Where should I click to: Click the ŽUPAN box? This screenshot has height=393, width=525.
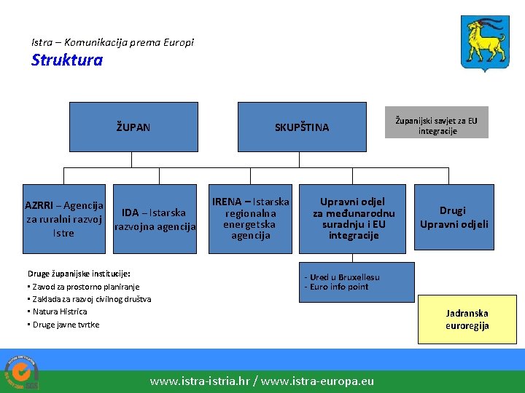pos(133,127)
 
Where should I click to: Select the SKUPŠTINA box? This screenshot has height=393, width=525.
pos(301,127)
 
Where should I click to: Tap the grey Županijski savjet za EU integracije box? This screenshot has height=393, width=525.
pos(437,126)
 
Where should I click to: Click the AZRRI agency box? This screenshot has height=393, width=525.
pos(64,219)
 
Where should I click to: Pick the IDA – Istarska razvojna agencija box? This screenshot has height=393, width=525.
pos(154,219)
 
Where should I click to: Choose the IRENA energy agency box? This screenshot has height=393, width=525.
pos(250,218)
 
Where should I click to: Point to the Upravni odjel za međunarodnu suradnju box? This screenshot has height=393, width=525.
pos(353,218)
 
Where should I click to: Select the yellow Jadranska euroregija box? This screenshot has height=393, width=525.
pos(467,319)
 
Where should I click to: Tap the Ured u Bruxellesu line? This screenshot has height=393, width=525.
pos(342,277)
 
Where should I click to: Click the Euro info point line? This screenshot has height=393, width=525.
pos(337,287)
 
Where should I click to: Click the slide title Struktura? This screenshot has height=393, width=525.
pos(66,60)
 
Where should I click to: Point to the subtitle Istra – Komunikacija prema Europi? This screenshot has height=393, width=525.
pos(113,42)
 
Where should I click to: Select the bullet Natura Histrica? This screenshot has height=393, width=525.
pos(59,311)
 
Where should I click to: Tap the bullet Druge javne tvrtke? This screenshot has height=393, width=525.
pos(65,325)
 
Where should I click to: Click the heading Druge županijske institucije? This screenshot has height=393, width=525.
pos(79,274)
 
